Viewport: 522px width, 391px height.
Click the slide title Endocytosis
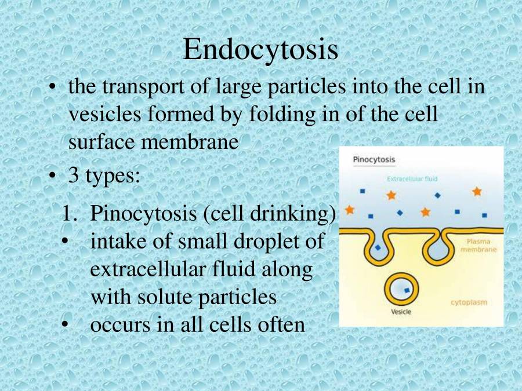coord(260,50)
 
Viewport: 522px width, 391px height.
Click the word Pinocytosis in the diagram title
coord(374,160)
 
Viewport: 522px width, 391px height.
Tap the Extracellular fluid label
coord(412,179)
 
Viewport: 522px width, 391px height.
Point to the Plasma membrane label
coord(478,246)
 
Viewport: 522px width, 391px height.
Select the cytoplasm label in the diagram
coord(469,302)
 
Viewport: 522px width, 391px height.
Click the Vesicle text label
coord(401,312)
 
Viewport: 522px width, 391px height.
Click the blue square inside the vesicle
coord(407,290)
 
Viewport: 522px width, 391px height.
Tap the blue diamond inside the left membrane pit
coord(378,248)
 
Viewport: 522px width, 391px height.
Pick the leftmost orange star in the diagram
coord(350,210)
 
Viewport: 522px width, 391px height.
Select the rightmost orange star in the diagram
coord(477,191)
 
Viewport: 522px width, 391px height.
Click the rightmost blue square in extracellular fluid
coord(484,215)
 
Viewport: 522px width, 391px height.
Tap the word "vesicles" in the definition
coord(104,114)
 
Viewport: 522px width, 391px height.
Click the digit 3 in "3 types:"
coord(73,175)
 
